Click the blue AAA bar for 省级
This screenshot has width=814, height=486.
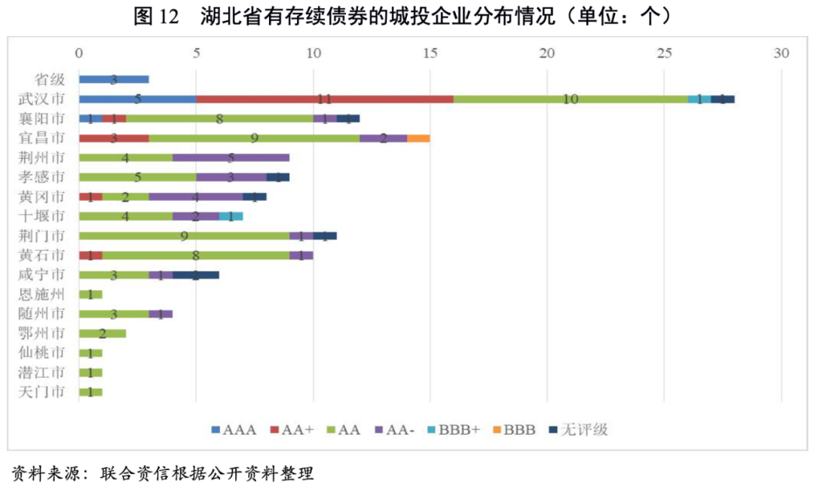(114, 79)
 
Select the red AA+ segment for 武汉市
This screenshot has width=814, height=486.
(325, 99)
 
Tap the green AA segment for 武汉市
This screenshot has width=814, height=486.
(571, 99)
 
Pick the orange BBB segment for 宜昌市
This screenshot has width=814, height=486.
(418, 138)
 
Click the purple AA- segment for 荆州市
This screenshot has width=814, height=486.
(231, 157)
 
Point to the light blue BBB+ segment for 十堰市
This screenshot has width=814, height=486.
(237, 216)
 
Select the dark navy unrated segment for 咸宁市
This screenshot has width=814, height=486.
(196, 275)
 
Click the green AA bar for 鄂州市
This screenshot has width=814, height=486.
(103, 333)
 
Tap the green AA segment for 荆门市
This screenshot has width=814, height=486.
(184, 236)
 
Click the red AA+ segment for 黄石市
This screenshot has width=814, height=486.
(90, 255)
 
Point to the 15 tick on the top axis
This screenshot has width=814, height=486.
(430, 53)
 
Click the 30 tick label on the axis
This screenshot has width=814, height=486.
(782, 53)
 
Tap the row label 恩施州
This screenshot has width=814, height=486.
(49, 294)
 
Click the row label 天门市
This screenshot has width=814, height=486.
(49, 392)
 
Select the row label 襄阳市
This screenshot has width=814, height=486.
(49, 118)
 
